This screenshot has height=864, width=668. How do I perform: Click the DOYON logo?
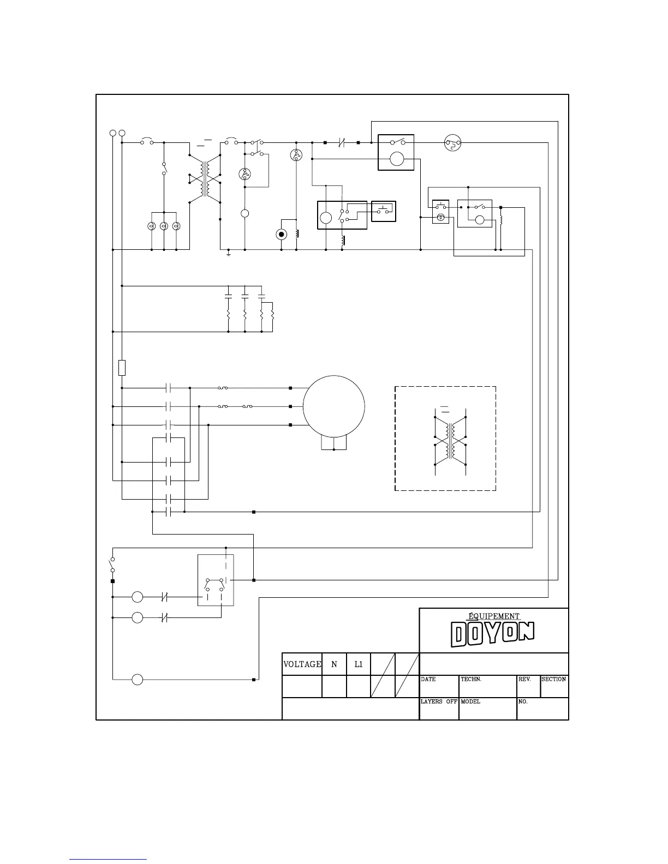point(493,635)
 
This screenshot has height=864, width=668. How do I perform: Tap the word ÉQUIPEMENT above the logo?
point(494,616)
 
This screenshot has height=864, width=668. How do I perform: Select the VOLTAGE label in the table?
point(302,664)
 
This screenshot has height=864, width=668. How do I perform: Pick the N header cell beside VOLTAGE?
point(334,664)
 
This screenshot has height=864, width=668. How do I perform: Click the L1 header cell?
point(359,664)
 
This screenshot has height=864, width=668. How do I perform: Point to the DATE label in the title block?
point(428,680)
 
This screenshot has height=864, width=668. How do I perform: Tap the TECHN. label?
point(471,680)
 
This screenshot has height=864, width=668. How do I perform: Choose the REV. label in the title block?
point(524,680)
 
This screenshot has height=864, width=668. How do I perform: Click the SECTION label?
point(554,680)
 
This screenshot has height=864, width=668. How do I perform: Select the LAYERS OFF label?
point(439,702)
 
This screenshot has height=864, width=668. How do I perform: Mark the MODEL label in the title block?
point(470,702)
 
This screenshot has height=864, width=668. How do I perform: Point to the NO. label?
point(523,702)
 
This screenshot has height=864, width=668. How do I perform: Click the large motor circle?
point(333,406)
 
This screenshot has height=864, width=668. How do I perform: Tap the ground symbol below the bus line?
point(229,254)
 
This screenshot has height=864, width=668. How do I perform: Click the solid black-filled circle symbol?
point(282,235)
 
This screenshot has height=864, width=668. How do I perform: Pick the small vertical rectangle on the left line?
point(122,368)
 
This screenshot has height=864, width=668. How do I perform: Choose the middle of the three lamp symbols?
point(164,226)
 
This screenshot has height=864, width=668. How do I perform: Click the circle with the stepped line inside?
point(452,143)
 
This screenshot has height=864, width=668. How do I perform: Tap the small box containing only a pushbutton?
point(384,212)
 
